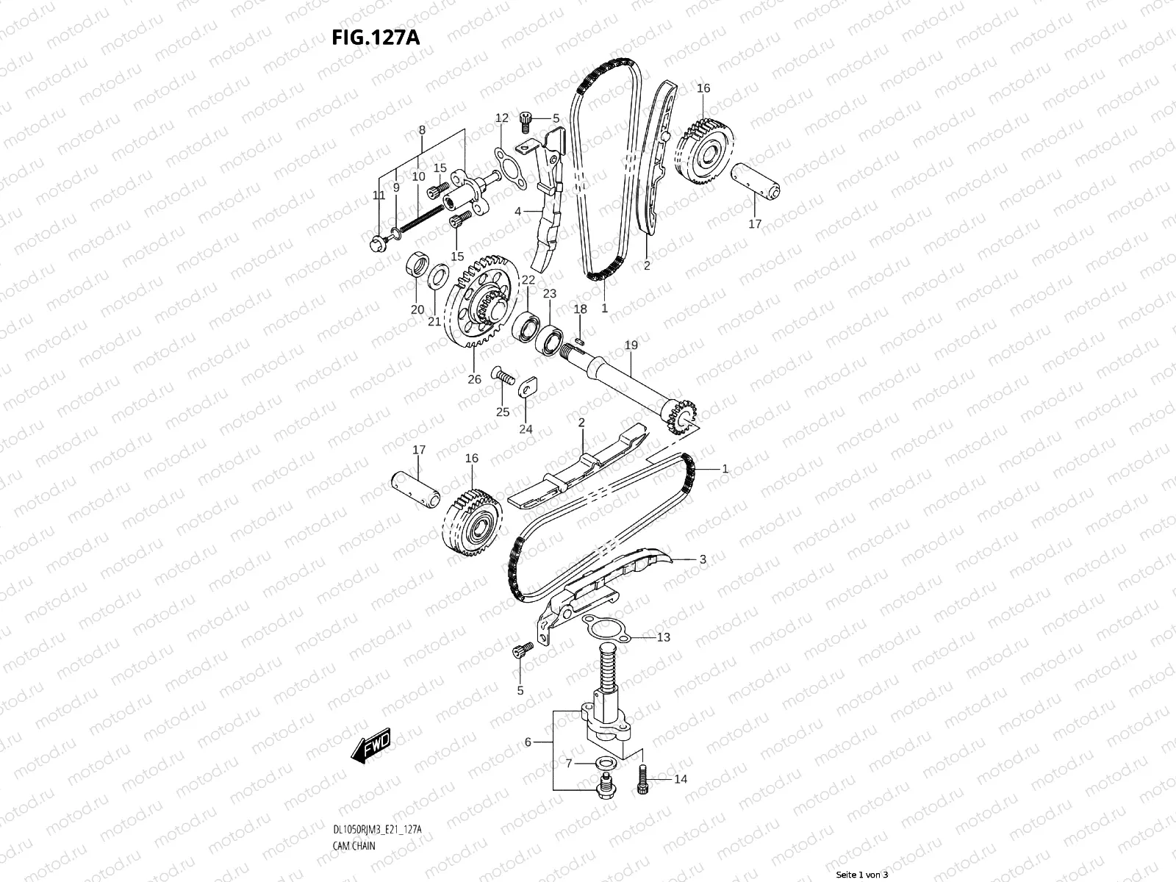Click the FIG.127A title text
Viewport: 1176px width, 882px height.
click(376, 37)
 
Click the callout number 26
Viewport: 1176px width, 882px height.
click(475, 379)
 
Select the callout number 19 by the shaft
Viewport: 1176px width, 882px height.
click(631, 345)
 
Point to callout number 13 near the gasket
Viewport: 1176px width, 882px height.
click(663, 637)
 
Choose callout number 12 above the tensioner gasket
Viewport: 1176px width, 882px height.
click(501, 118)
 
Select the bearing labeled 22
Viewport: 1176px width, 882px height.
click(527, 327)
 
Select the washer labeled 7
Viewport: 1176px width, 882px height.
click(603, 764)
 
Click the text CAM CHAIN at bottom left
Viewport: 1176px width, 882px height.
click(354, 845)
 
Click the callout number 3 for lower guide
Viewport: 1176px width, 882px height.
click(702, 559)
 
